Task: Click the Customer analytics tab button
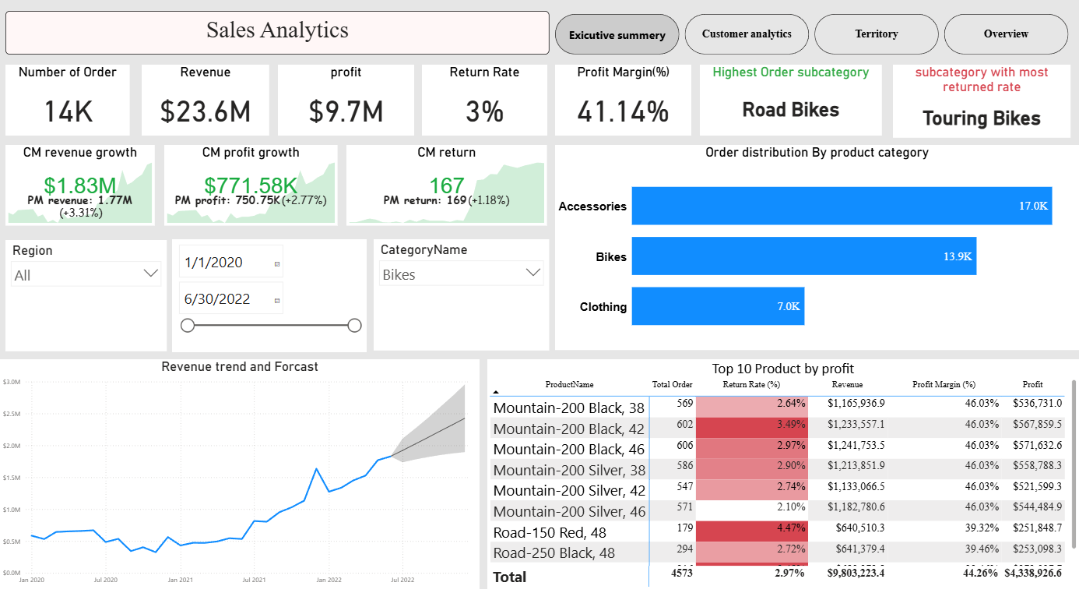click(747, 34)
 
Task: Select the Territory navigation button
click(876, 34)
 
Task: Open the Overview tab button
click(1005, 34)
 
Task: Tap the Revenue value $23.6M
click(206, 111)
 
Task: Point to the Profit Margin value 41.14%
click(623, 111)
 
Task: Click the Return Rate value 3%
click(484, 111)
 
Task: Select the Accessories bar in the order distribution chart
click(841, 206)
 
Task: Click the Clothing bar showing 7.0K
click(717, 306)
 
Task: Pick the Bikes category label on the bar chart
click(611, 257)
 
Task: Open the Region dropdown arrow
click(151, 274)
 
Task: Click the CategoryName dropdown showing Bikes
click(460, 274)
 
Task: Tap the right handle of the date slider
click(354, 326)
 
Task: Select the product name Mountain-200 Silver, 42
click(569, 491)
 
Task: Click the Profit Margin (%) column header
click(944, 384)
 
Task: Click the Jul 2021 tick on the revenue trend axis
click(254, 580)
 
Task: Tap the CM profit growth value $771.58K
click(251, 185)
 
